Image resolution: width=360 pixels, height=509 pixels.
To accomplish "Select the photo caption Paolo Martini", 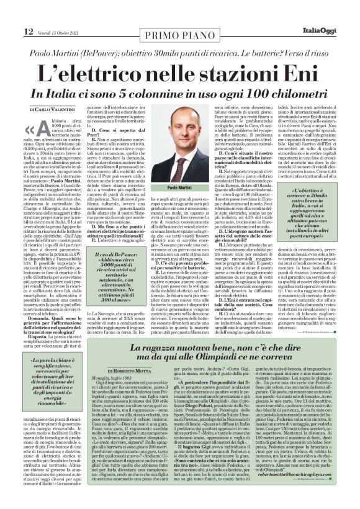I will (x=179, y=186).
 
